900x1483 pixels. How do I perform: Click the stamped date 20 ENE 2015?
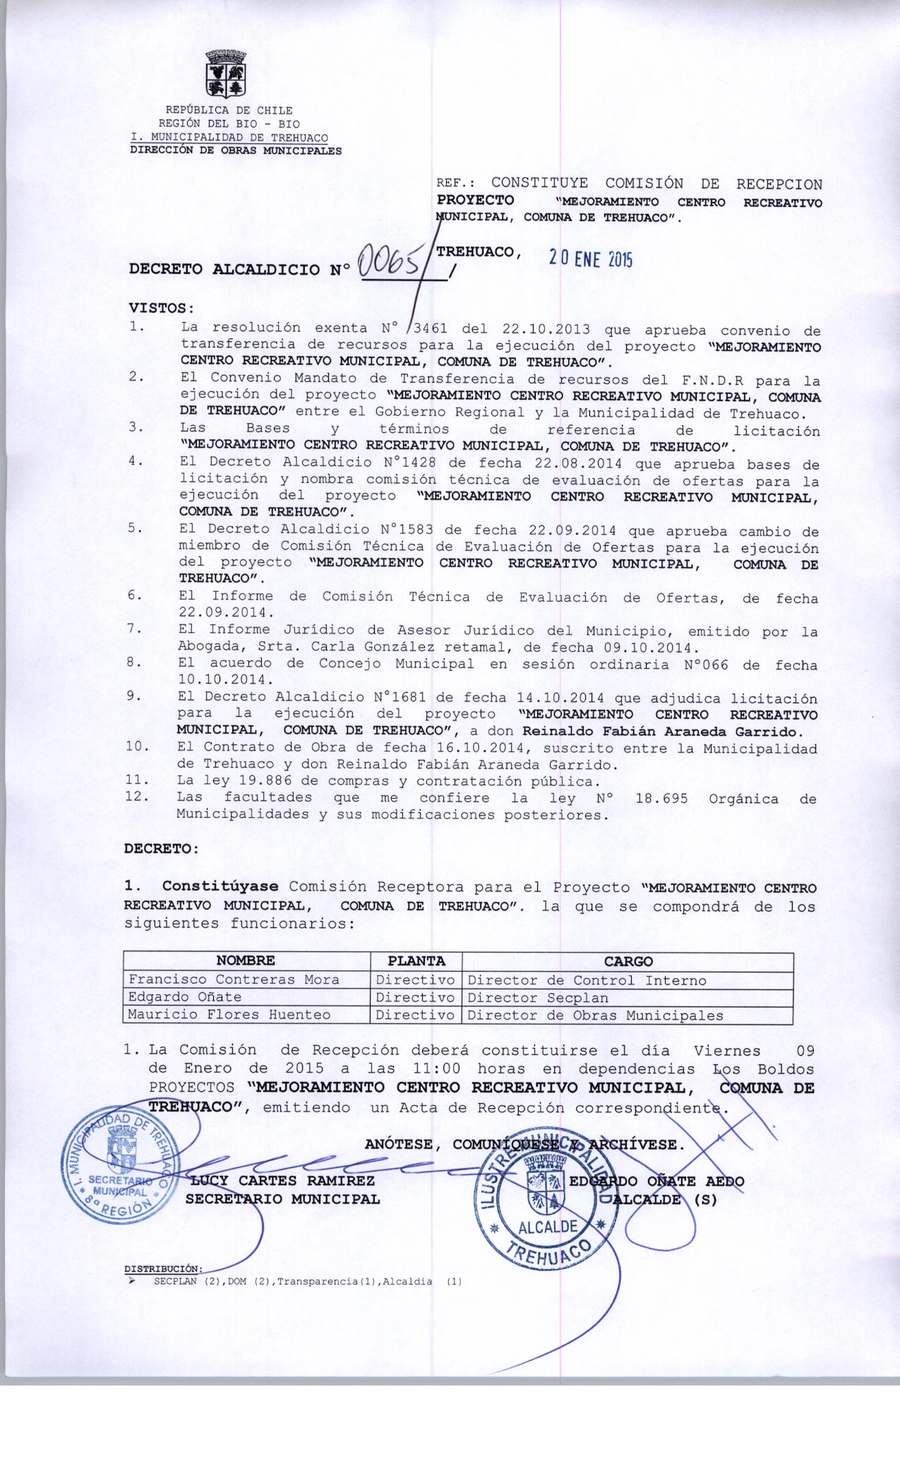(x=591, y=259)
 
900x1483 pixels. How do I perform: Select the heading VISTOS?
(x=160, y=309)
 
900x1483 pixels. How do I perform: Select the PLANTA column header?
(x=416, y=961)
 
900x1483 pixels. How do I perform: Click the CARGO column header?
(x=628, y=961)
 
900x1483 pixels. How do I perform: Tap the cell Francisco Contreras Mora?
(x=233, y=979)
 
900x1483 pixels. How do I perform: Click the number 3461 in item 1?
(x=432, y=329)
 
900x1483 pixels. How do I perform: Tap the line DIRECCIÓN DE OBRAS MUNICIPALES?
(x=236, y=150)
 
